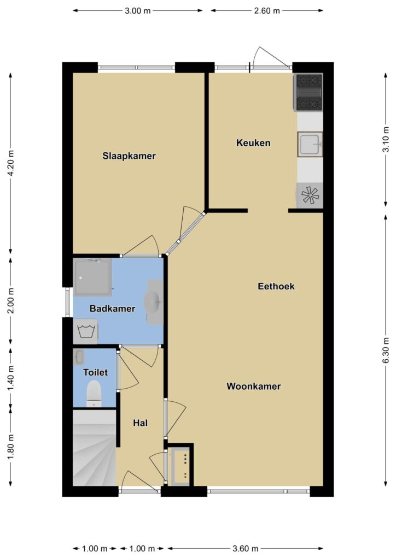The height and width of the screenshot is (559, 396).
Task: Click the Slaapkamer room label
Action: [x=129, y=156]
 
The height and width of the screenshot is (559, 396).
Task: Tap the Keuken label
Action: [x=253, y=142]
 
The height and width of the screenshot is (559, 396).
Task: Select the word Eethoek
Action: [x=276, y=286]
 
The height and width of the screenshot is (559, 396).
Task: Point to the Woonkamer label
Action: [x=254, y=386]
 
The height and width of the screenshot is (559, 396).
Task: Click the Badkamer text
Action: [x=112, y=308]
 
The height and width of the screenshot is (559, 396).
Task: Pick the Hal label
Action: [x=141, y=423]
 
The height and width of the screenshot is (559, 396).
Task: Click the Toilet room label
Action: [x=95, y=372]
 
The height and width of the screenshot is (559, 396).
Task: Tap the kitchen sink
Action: [x=310, y=144]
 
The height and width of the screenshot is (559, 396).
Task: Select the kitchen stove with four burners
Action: [x=308, y=92]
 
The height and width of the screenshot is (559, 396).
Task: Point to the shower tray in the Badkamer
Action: [x=92, y=277]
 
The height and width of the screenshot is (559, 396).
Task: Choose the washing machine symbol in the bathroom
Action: [x=85, y=331]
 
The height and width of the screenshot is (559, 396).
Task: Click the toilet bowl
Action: [x=94, y=394]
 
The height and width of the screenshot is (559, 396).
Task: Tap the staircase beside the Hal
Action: [x=95, y=448]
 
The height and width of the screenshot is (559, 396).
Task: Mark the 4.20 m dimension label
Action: [x=11, y=163]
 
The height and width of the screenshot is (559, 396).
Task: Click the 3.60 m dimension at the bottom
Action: [x=246, y=548]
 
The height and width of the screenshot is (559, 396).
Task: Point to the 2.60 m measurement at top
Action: [x=267, y=11]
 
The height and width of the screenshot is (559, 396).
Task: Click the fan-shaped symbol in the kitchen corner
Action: [x=310, y=195]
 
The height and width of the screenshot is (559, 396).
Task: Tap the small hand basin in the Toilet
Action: [x=79, y=357]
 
